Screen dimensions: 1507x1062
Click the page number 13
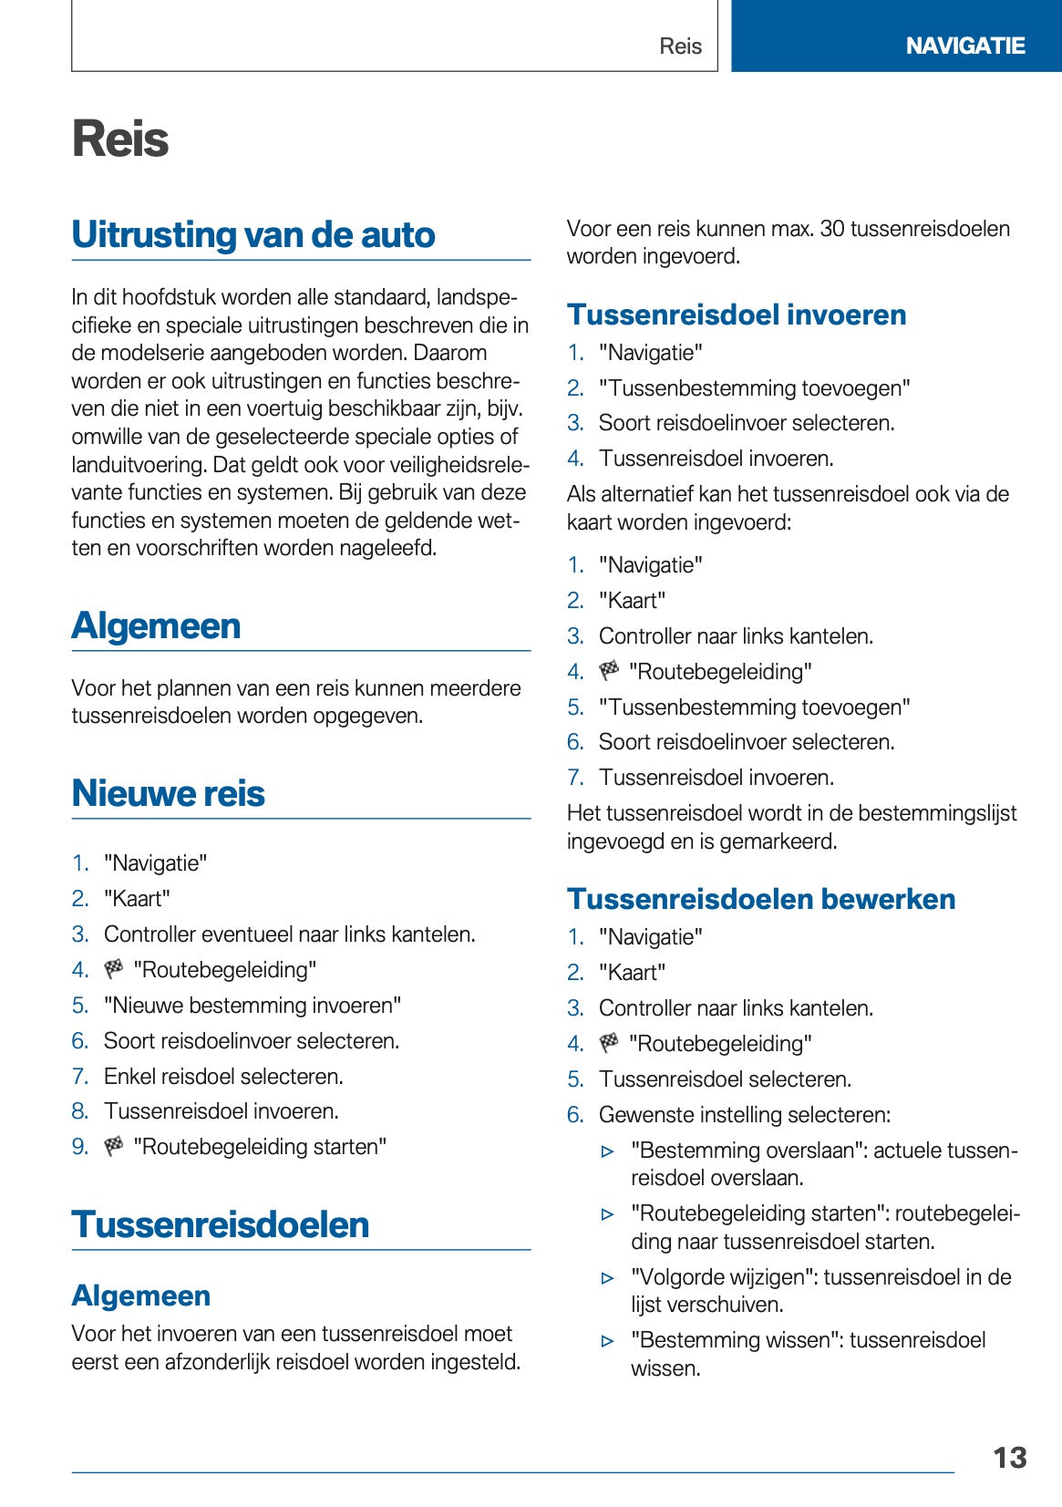click(x=1009, y=1457)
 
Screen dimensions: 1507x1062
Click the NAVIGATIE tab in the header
click(x=964, y=46)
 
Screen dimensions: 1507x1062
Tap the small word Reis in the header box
click(x=680, y=46)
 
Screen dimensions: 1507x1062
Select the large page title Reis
click(x=120, y=139)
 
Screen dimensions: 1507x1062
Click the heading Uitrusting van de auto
click(x=253, y=234)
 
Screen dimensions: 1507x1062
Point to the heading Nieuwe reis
click(x=168, y=793)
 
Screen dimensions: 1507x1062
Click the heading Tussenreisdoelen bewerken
click(x=760, y=899)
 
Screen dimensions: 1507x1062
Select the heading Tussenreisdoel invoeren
click(x=736, y=315)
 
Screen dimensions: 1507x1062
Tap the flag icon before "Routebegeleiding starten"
click(x=114, y=1146)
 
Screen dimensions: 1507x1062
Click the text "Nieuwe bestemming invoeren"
click(x=253, y=1005)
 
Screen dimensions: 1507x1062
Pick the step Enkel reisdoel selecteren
click(x=223, y=1076)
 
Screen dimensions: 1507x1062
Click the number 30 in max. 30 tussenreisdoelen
click(x=832, y=229)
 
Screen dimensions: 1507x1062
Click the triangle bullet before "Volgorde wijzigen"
click(x=608, y=1278)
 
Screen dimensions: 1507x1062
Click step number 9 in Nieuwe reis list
click(x=80, y=1146)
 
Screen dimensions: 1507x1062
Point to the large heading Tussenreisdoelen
click(x=220, y=1224)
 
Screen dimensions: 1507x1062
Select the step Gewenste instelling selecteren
click(x=744, y=1114)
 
